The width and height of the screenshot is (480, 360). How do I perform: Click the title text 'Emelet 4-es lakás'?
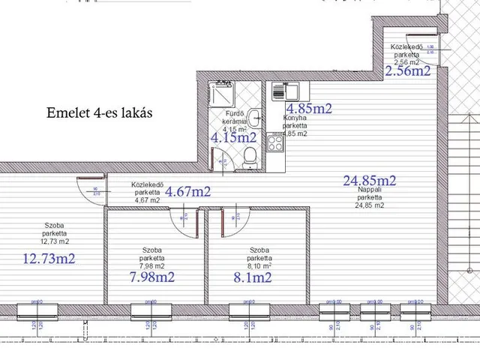[99, 113]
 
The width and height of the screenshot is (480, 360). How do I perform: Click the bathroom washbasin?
[256, 116]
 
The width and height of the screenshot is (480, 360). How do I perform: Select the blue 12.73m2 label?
[50, 259]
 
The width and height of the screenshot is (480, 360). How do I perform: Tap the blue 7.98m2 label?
[152, 277]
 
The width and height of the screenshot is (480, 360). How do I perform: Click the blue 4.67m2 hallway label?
[187, 191]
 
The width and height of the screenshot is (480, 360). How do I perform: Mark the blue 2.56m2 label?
[407, 71]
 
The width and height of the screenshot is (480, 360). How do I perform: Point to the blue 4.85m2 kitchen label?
[308, 108]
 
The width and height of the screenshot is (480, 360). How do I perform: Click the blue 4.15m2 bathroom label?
[233, 138]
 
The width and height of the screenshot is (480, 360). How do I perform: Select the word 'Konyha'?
[293, 118]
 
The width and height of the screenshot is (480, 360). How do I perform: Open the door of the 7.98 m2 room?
[184, 217]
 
